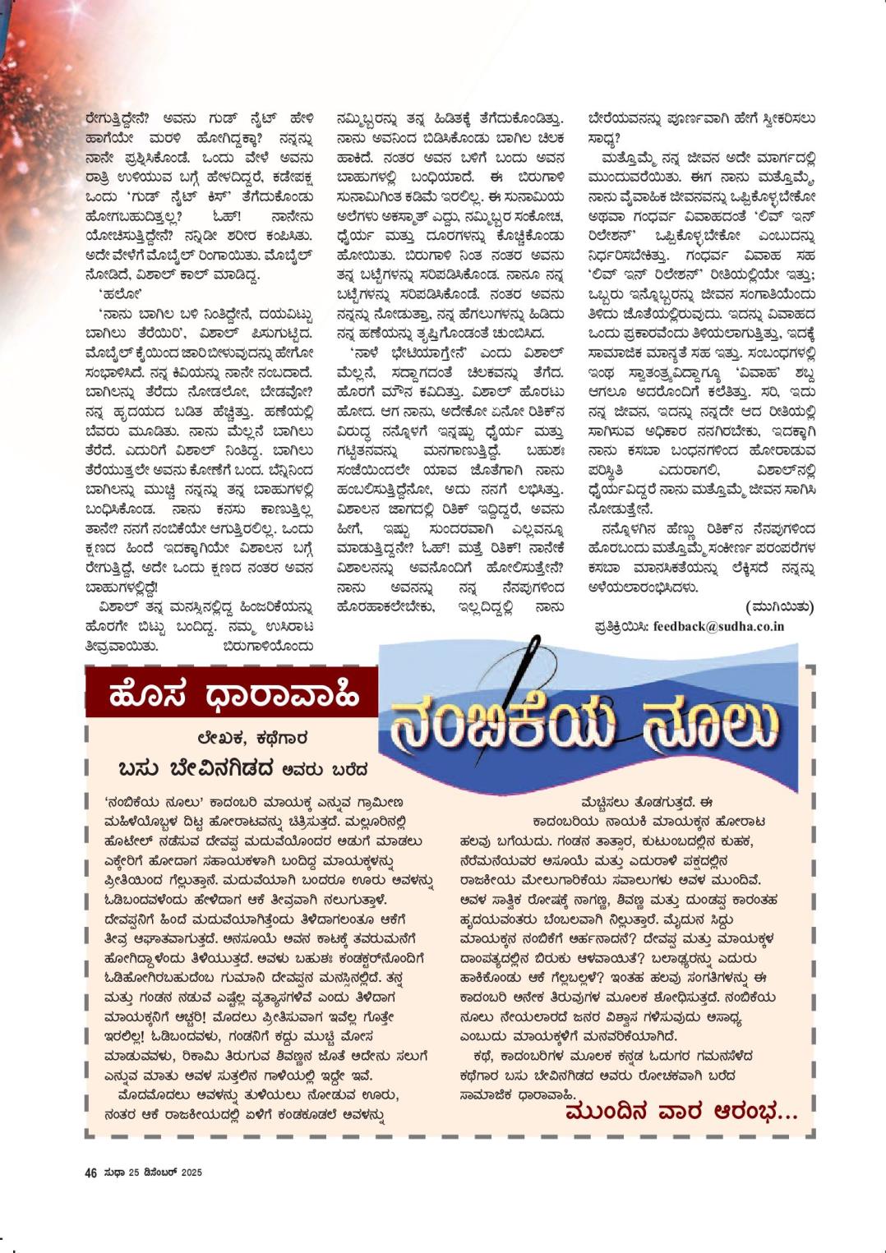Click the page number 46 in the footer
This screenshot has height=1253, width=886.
coord(91,1172)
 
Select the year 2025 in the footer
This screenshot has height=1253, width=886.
coord(192,1172)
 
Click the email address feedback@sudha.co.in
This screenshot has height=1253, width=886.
coord(718,626)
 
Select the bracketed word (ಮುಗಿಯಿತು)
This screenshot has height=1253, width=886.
coord(780,606)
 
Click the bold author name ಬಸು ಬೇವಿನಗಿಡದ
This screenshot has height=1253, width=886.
coord(195,769)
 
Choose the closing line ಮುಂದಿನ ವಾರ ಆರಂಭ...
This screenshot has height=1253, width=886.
coord(681,1113)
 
